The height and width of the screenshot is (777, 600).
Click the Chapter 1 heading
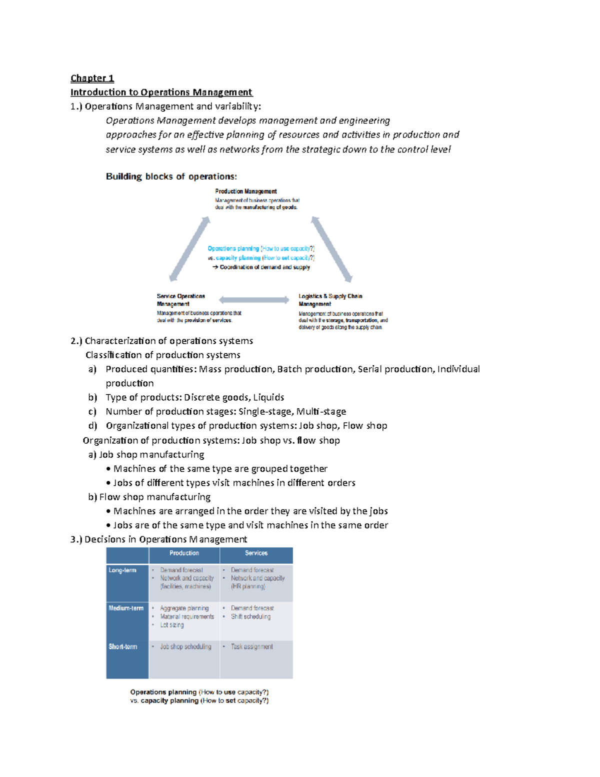tap(92, 78)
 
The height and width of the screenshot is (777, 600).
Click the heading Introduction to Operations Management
tap(161, 92)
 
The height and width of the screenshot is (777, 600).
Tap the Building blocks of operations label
tap(171, 177)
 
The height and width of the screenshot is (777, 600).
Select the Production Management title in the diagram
tap(245, 191)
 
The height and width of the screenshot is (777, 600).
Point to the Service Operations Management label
tap(180, 300)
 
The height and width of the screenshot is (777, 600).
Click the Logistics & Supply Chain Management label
tap(330, 300)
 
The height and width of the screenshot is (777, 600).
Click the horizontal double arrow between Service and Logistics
tap(254, 300)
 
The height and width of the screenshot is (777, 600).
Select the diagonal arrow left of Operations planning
tap(189, 249)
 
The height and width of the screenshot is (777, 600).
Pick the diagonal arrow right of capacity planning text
tap(331, 249)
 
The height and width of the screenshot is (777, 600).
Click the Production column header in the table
tap(184, 553)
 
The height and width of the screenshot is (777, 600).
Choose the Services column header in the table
tap(256, 553)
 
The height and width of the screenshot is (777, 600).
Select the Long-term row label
tap(122, 570)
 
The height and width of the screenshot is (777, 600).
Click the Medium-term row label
tap(126, 608)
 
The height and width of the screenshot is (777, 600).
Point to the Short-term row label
tap(123, 647)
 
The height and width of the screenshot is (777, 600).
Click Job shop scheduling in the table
tap(185, 647)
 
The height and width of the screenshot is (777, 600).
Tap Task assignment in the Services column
tap(251, 647)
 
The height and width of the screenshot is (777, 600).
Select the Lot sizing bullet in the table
tap(171, 625)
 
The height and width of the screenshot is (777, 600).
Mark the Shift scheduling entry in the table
tap(250, 617)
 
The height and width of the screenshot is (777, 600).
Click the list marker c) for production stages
tap(92, 412)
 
